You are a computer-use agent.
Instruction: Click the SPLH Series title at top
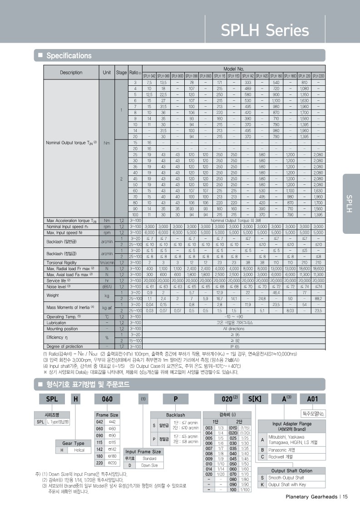point(265,30)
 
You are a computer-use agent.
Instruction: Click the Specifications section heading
point(69,56)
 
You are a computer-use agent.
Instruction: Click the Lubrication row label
point(57,322)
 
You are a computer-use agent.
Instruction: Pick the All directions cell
point(234,328)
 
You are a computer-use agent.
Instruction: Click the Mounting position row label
point(62,328)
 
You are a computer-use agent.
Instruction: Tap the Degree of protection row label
point(65,346)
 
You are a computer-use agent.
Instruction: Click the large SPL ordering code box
point(49,399)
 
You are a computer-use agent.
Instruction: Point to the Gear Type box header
point(73,443)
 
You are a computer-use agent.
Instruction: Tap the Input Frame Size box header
point(143,451)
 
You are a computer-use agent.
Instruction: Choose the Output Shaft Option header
point(292,471)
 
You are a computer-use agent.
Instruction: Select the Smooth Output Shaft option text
point(286,478)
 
